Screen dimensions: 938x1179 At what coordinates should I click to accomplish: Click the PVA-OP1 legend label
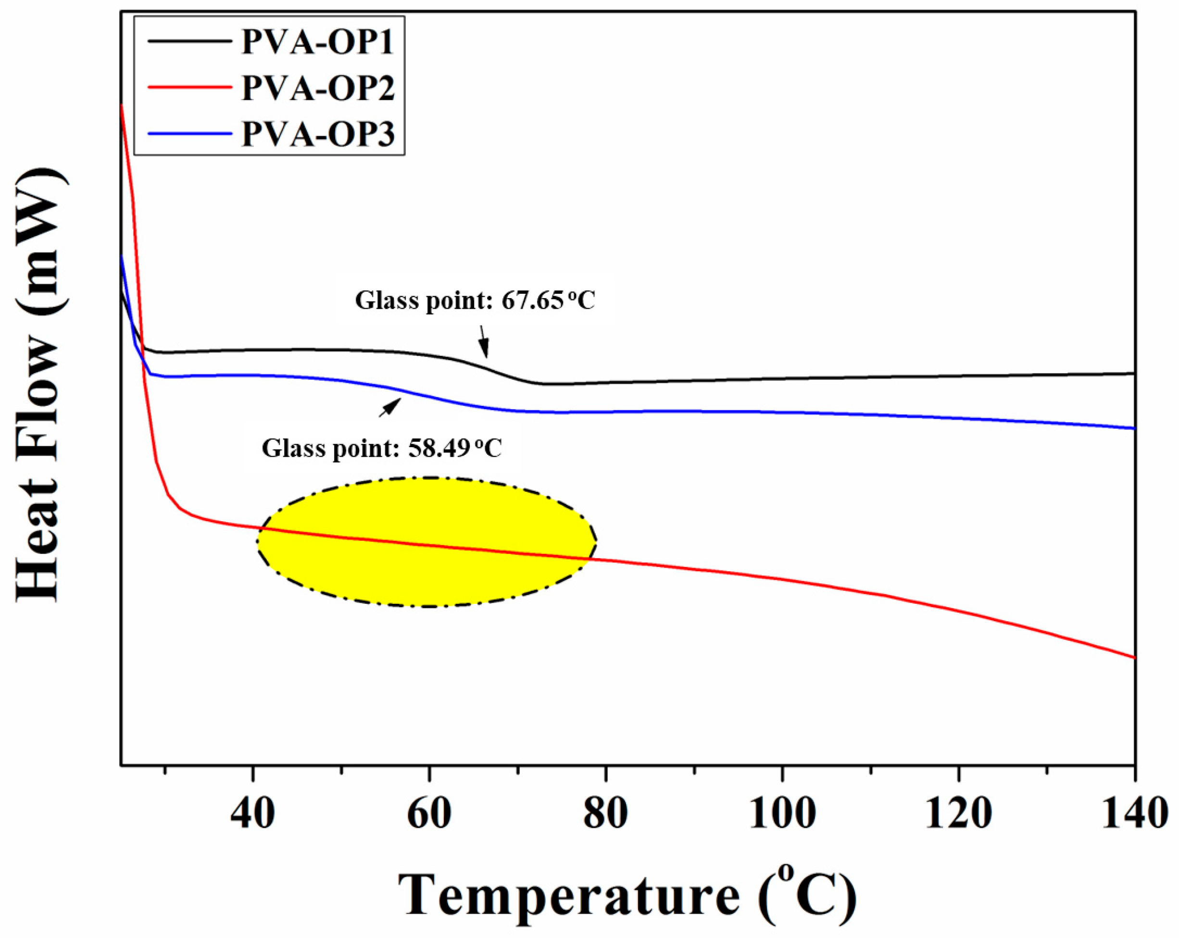tap(318, 41)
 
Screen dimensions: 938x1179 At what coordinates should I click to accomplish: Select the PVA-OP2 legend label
tap(318, 88)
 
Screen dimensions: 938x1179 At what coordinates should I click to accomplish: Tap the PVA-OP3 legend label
tap(318, 134)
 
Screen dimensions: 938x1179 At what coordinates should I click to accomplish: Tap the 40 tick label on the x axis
tap(252, 813)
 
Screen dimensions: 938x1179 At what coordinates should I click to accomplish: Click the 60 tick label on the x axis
tap(429, 813)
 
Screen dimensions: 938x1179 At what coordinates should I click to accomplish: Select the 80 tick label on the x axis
tap(605, 813)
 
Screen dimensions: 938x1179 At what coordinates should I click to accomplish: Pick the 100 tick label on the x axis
tap(782, 813)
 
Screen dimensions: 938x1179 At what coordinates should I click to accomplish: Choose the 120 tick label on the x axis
tap(959, 813)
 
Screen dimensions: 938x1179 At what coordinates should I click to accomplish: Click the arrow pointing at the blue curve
tap(390, 408)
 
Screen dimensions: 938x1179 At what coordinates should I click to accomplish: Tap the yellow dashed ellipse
tap(427, 541)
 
